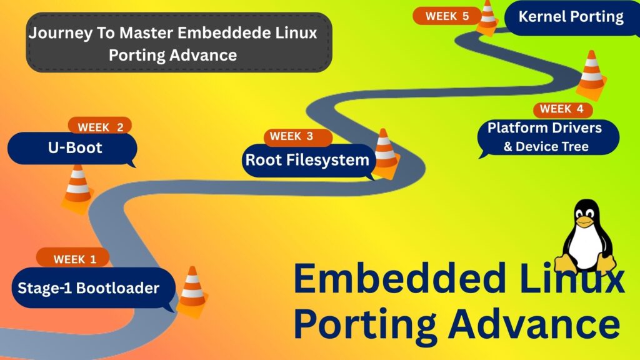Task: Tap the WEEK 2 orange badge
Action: [100, 127]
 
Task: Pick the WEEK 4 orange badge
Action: [562, 109]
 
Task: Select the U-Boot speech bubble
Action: [72, 149]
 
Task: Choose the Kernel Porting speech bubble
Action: [571, 17]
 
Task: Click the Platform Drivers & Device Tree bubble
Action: [545, 137]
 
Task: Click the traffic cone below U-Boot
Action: [77, 187]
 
